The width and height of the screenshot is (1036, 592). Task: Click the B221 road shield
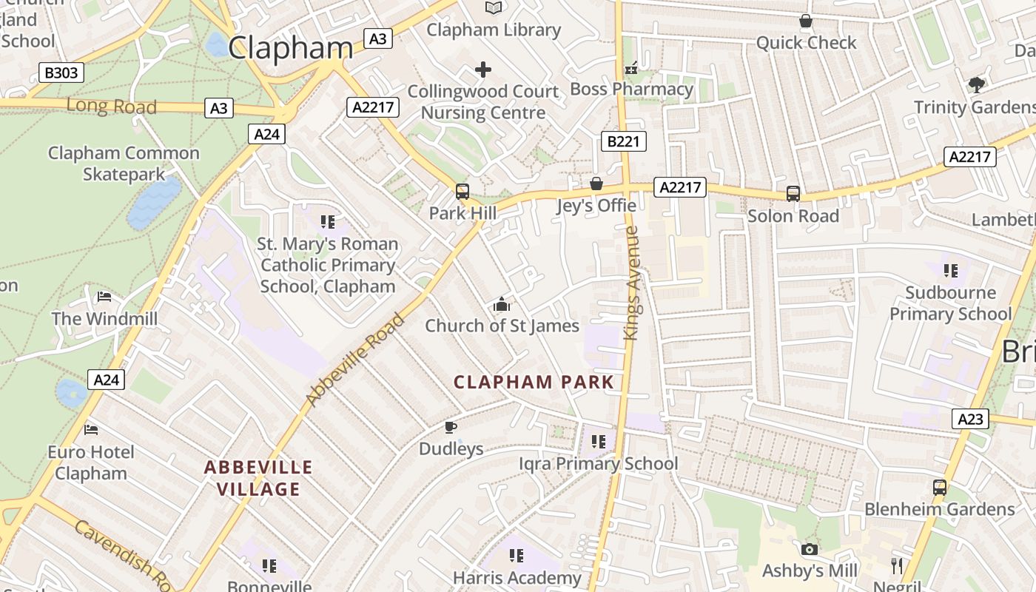point(623,141)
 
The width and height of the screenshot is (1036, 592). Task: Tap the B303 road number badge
point(61,73)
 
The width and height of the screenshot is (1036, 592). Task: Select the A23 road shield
point(970,420)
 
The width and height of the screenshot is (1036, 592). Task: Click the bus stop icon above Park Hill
point(462,192)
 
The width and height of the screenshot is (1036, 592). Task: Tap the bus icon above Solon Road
point(793,194)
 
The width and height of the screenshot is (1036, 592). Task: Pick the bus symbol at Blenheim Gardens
point(940,488)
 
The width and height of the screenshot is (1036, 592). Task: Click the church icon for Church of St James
point(502,304)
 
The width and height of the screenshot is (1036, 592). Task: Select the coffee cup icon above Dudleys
point(450,427)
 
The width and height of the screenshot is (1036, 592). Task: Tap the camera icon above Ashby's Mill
point(810,549)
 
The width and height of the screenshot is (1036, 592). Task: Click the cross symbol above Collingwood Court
point(483,70)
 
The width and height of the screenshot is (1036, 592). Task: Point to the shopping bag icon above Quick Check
point(806,21)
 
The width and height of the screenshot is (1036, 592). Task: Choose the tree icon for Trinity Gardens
point(977,84)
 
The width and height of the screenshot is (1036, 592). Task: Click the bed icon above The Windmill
point(104,297)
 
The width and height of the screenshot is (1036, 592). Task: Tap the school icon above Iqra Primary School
point(598,442)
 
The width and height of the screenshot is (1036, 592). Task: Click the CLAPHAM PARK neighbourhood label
point(534,383)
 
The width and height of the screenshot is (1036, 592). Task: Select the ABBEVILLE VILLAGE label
point(258,478)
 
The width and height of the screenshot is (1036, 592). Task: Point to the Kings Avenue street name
point(631,283)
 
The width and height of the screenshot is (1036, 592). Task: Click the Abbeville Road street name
point(355,360)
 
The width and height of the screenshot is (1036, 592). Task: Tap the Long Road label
point(112,106)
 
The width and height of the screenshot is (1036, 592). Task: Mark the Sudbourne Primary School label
point(950,303)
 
